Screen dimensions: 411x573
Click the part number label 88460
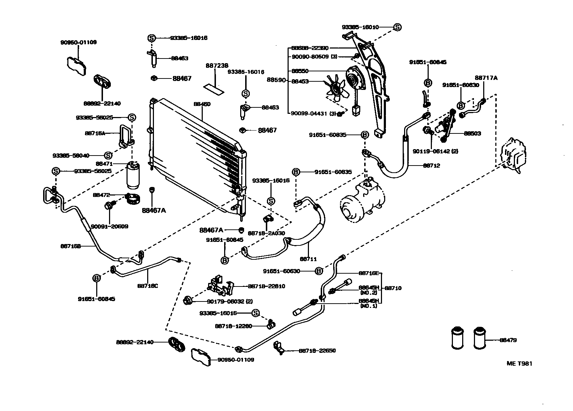tap(202, 104)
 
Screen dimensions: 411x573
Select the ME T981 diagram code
tap(520, 364)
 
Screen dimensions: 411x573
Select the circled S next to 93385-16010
tap(398, 27)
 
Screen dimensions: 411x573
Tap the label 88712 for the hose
tap(432, 166)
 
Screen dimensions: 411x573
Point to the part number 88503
tap(472, 133)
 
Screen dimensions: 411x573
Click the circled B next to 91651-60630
tap(319, 271)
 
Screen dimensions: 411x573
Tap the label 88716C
tap(147, 285)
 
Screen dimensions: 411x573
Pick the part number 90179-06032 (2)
tap(230, 301)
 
